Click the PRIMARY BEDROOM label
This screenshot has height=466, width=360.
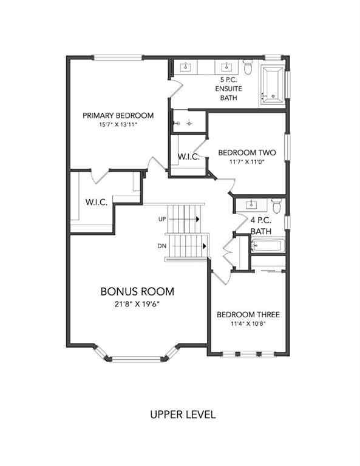[118, 115]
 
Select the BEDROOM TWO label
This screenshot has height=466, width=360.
[247, 152]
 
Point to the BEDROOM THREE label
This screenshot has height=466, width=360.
[248, 314]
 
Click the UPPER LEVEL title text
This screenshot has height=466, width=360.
[183, 415]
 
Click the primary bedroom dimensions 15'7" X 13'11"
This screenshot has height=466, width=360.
[118, 125]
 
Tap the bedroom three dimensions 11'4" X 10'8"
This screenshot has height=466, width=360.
[248, 323]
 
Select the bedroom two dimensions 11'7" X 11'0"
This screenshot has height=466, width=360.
[247, 161]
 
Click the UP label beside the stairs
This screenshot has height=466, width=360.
[162, 218]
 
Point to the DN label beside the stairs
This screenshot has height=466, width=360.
[161, 246]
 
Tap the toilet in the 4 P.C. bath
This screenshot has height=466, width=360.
[276, 207]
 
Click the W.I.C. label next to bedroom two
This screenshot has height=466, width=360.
[189, 157]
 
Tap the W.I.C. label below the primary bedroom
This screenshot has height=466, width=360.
[97, 202]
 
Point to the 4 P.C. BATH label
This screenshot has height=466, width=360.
[260, 226]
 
